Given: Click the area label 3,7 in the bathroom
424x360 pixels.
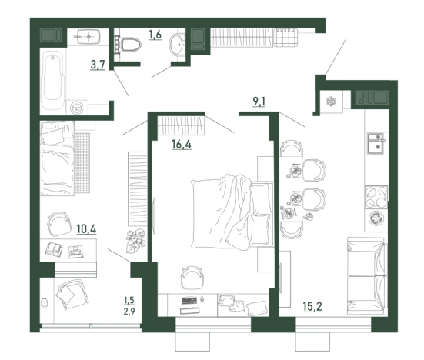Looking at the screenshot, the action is coord(98,65).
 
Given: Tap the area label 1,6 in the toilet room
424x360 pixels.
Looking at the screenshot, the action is coord(155,35).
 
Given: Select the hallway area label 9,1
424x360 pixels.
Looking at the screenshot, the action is coord(259,102).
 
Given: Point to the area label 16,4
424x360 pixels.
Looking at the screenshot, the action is coord(182,145).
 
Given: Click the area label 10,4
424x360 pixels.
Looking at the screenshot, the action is coord(86,229).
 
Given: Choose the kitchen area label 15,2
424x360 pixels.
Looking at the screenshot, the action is coord(312,307).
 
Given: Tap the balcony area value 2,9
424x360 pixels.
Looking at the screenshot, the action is coord(129,312).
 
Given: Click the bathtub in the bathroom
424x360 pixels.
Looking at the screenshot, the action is coord(53,79).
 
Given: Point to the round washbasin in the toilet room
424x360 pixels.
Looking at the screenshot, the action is coord(177,45).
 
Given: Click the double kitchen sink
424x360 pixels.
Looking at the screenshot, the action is coord(375,144).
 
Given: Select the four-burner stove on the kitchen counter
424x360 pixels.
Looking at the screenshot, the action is coord(376,197).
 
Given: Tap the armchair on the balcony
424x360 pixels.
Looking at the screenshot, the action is coord(72,295).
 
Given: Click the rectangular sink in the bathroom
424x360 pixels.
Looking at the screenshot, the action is coord(88,36).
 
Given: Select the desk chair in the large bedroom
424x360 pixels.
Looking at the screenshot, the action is coord(192,277).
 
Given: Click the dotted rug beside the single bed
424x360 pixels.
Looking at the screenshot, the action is coord(82,163).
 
